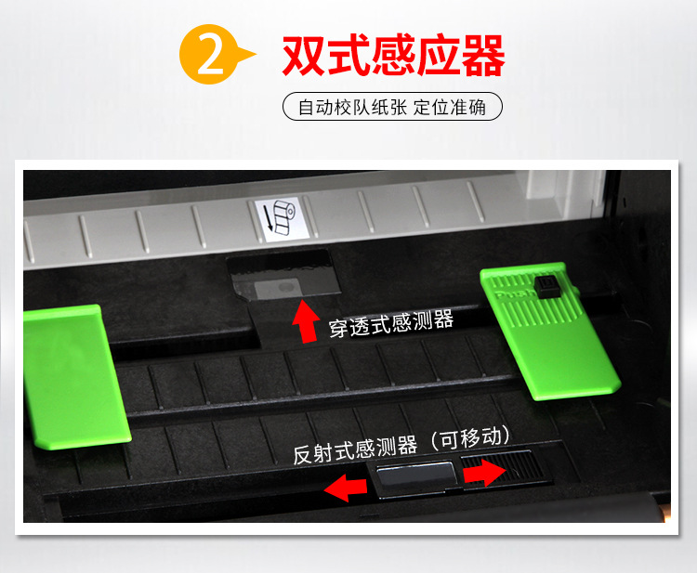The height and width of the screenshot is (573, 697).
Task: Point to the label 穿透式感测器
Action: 391,323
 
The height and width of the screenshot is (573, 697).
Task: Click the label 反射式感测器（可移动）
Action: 402,447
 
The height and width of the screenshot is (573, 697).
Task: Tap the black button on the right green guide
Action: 546,284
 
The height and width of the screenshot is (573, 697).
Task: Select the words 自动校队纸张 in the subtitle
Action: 353,107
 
